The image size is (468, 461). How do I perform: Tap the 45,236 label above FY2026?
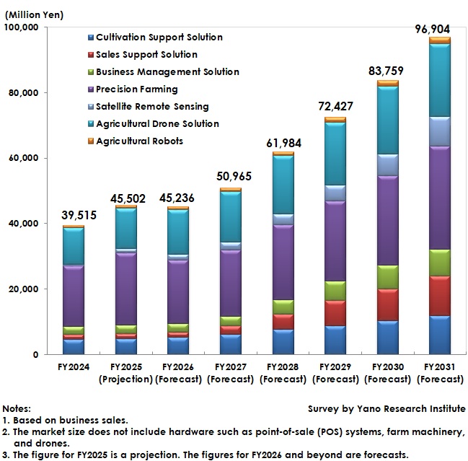click(177, 198)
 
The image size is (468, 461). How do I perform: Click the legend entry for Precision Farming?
click(136, 89)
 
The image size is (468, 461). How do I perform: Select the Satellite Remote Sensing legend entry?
click(151, 107)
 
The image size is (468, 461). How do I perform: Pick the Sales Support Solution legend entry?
click(146, 55)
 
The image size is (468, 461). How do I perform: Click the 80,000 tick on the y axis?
click(23, 93)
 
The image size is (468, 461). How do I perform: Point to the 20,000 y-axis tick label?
click(23, 289)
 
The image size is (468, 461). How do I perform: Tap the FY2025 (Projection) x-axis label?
click(125, 373)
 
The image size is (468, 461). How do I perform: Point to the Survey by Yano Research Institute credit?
click(387, 409)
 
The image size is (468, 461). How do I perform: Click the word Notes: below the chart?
click(17, 409)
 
